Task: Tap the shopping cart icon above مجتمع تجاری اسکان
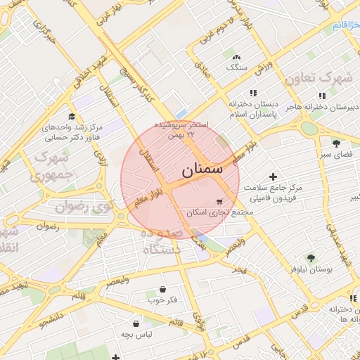pos(220,200)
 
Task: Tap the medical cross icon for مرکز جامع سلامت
pos(274,176)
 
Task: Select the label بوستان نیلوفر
pos(311,269)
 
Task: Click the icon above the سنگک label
pos(236,57)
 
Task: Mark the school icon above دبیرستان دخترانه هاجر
pos(322,96)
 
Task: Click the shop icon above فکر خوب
pos(162,289)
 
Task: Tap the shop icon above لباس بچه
pos(134,323)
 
